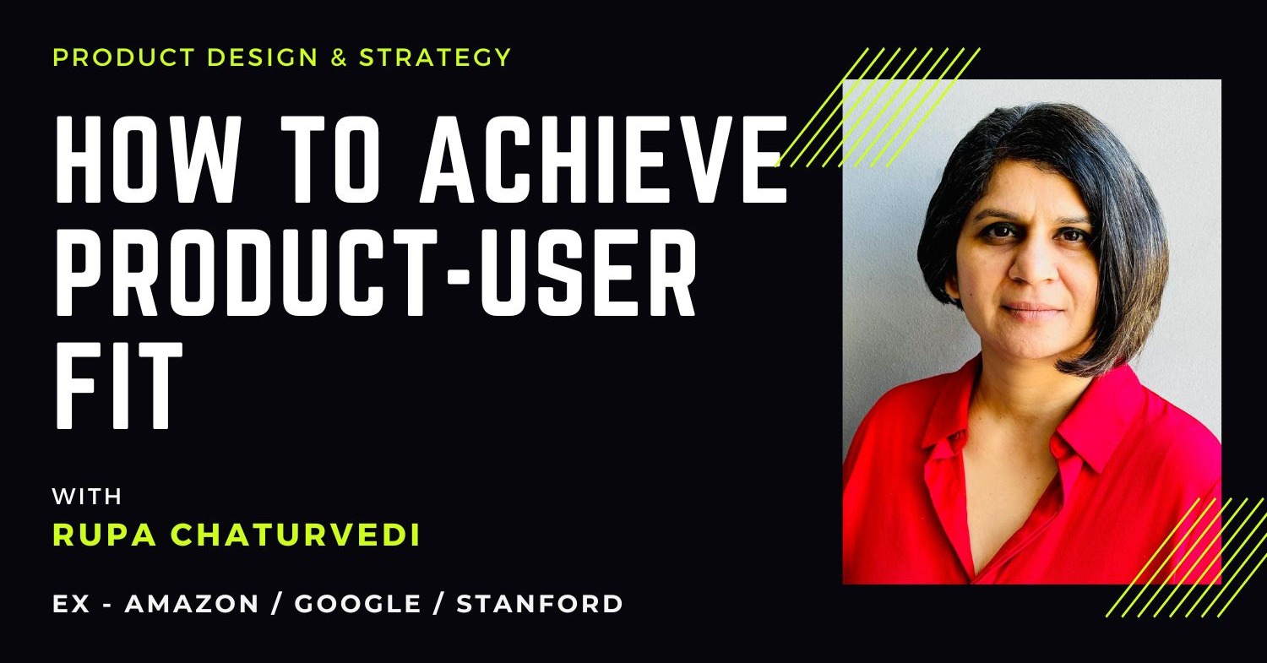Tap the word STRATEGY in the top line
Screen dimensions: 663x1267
[435, 57]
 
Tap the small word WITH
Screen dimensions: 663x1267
[87, 496]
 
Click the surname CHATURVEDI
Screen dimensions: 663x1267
[297, 535]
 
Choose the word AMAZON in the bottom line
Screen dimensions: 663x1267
[192, 604]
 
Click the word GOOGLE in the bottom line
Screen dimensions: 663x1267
[357, 604]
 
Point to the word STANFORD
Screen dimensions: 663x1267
[540, 604]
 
